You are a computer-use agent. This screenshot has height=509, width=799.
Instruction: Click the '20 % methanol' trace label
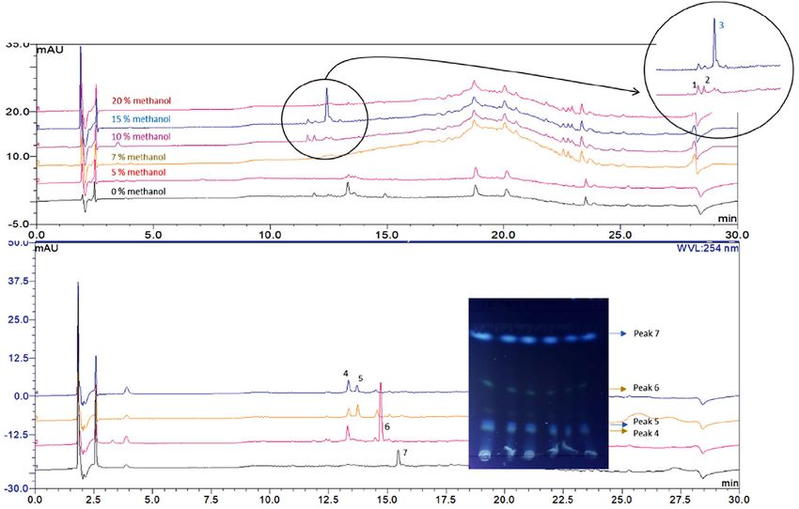pyautogui.click(x=142, y=100)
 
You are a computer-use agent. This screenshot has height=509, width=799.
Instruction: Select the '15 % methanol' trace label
pyautogui.click(x=142, y=119)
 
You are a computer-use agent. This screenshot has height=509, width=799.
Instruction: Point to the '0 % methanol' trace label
pyautogui.click(x=137, y=192)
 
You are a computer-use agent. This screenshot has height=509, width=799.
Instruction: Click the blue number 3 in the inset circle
pyautogui.click(x=721, y=25)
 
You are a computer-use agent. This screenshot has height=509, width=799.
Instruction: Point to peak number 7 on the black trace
pyautogui.click(x=404, y=453)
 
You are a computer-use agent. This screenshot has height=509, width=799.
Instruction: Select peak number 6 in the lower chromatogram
pyautogui.click(x=387, y=427)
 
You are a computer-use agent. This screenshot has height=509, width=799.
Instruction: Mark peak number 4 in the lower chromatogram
pyautogui.click(x=346, y=373)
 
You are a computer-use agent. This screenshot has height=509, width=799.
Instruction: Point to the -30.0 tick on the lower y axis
pyautogui.click(x=17, y=488)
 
